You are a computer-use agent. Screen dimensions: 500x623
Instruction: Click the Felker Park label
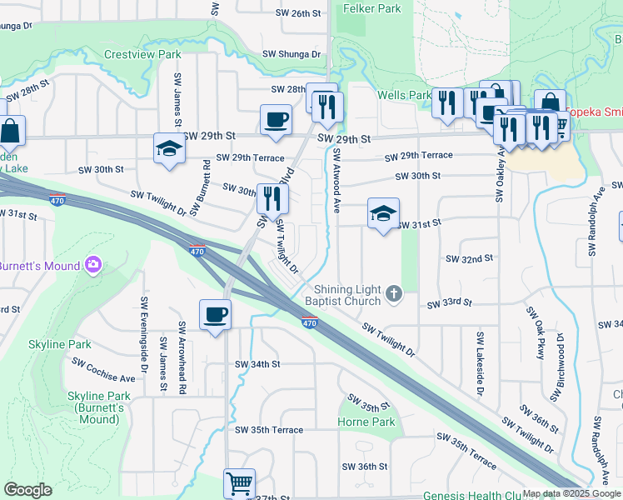pos(371,9)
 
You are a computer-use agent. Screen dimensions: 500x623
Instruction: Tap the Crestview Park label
pos(143,54)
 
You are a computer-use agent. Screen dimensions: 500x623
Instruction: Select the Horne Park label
pos(367,422)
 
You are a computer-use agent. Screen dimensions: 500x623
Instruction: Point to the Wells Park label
pos(404,96)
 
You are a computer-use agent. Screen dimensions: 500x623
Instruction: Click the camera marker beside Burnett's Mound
pos(92,265)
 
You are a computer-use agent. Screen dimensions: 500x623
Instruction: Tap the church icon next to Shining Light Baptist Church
pos(395,292)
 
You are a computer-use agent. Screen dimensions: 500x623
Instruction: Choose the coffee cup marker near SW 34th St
pos(215,315)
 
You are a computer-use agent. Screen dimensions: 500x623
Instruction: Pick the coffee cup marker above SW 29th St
pos(276,119)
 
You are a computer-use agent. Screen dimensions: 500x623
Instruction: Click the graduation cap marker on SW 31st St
pos(383,213)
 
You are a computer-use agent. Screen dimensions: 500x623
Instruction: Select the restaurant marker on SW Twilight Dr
pos(272,198)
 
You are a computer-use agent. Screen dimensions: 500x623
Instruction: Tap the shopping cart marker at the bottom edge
pos(239,482)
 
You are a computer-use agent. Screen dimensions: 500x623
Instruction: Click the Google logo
pos(27,490)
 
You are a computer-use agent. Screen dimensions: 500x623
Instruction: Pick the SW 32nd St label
pos(470,259)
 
